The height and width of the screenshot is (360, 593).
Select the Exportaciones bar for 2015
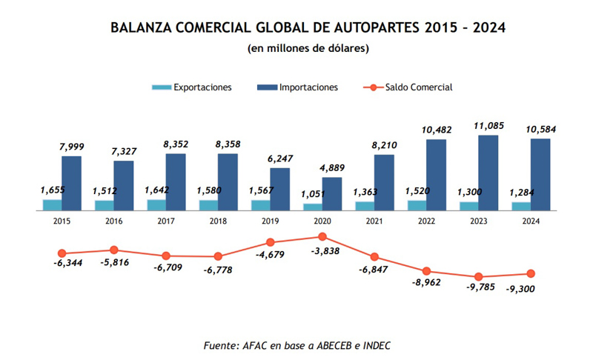(52, 205)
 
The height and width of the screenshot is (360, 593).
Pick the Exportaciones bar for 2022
(417, 205)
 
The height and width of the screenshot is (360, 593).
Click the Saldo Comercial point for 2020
(322, 236)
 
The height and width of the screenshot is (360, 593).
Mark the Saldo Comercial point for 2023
(479, 276)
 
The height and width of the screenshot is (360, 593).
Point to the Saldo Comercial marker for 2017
(166, 256)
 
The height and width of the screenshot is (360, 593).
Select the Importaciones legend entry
(297, 87)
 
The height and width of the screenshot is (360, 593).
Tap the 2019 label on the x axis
(271, 221)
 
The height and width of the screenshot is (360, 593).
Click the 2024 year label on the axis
(531, 221)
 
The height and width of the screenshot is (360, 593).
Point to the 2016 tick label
(114, 221)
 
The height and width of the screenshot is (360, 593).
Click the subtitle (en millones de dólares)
(308, 49)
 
